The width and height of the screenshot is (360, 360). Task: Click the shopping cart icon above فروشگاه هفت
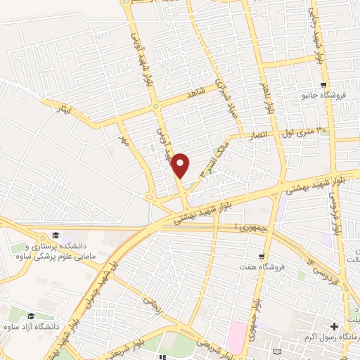[x=262, y=257]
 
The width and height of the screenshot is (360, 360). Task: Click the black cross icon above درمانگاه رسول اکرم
[x=334, y=327]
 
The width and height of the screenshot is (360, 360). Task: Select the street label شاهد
[x=194, y=93]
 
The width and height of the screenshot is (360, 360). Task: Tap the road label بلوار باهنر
[x=268, y=96]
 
